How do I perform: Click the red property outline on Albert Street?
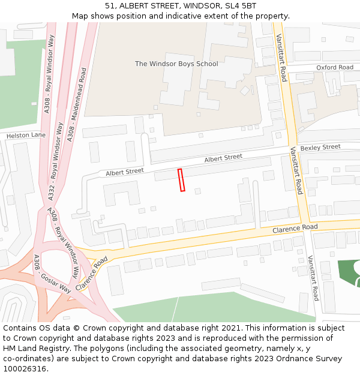[181, 180]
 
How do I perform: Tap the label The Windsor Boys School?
[176, 64]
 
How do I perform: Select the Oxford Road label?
[335, 67]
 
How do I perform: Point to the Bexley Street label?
[320, 147]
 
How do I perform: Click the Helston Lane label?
[26, 136]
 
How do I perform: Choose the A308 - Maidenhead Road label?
[77, 105]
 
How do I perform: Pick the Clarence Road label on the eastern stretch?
[295, 228]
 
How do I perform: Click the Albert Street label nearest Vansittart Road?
[223, 158]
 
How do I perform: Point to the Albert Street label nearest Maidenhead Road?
[125, 172]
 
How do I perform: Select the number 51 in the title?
[110, 6]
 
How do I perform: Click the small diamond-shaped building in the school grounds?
[245, 91]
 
